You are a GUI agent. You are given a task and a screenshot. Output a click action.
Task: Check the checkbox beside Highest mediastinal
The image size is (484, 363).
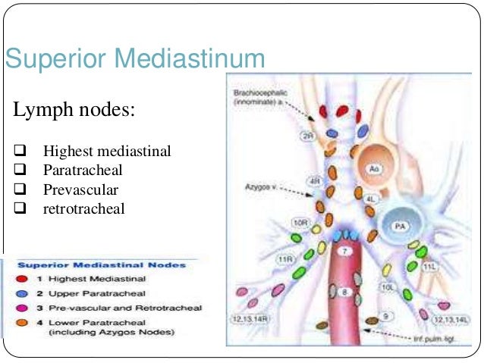20,152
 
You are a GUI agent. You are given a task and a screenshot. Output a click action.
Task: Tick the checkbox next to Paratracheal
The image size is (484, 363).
20,170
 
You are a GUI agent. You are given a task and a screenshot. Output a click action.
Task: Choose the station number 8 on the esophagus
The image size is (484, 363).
344,291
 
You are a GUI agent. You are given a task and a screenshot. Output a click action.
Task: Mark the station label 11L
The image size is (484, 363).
430,267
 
